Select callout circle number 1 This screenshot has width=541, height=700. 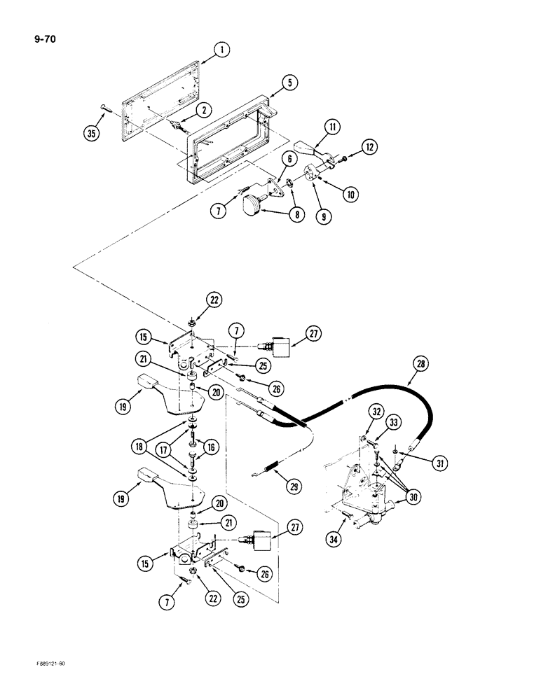coord(221,50)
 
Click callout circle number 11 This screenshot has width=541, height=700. coord(331,127)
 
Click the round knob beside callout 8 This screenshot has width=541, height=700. coord(252,207)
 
